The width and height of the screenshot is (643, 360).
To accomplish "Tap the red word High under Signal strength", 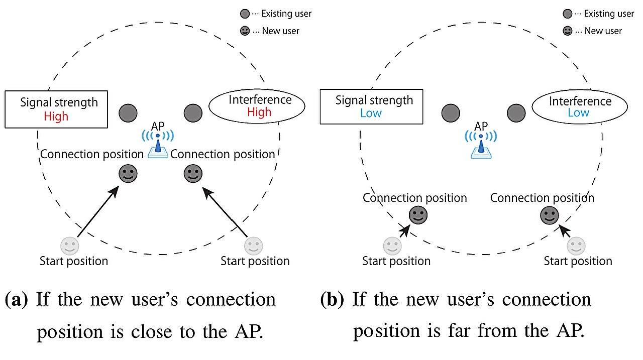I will [56, 116].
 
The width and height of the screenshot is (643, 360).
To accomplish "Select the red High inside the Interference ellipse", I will [259, 112].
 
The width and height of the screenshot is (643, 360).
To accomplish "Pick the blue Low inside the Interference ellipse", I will [578, 112].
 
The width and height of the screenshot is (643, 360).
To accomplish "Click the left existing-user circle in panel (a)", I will [128, 113].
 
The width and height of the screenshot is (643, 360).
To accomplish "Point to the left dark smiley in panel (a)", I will [128, 174].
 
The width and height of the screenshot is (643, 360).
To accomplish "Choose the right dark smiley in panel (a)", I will [192, 174].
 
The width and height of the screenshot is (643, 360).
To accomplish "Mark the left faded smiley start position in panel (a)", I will [69, 246].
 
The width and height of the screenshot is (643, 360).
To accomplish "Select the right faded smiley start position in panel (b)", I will [576, 246].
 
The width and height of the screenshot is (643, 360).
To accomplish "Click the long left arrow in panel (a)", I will [98, 211].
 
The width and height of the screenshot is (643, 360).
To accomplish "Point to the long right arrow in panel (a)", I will [225, 211].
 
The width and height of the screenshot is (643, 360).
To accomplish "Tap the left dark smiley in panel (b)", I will [417, 215].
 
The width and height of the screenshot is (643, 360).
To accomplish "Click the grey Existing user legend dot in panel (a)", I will [245, 14].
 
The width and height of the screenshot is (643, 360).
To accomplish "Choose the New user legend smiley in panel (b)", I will [567, 31].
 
